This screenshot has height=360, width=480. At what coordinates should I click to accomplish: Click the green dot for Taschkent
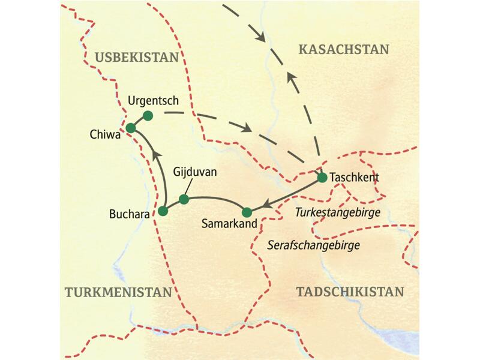pyautogui.click(x=322, y=178)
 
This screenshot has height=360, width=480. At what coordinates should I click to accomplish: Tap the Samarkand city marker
pyautogui.click(x=246, y=211)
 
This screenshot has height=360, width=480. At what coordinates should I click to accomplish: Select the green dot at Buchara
pyautogui.click(x=162, y=211)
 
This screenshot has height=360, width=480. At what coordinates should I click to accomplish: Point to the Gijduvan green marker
pyautogui.click(x=184, y=199)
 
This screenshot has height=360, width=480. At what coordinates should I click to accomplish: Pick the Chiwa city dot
pyautogui.click(x=130, y=127)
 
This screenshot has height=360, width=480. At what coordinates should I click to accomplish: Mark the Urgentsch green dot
pyautogui.click(x=148, y=115)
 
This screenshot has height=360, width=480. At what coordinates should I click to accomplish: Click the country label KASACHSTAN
pyautogui.click(x=343, y=49)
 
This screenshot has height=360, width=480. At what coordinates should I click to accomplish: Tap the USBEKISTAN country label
pyautogui.click(x=137, y=57)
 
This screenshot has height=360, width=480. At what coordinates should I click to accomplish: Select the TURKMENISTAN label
pyautogui.click(x=118, y=292)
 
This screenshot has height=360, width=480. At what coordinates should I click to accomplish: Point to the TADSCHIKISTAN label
pyautogui.click(x=350, y=292)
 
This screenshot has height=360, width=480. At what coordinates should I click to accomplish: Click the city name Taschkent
pyautogui.click(x=355, y=178)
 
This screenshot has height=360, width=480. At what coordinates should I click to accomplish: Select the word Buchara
pyautogui.click(x=130, y=213)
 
